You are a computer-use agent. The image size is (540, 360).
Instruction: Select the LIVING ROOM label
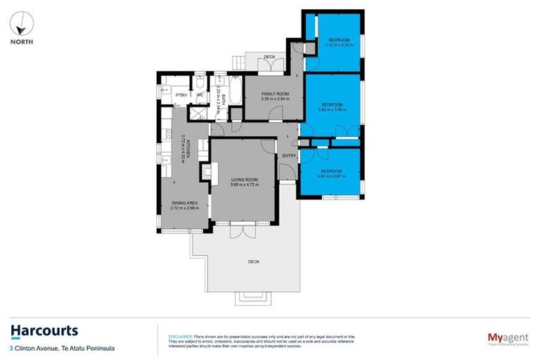[244, 180]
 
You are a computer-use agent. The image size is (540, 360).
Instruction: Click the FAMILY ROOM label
[275, 94]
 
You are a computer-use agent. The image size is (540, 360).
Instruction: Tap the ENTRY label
[289, 155]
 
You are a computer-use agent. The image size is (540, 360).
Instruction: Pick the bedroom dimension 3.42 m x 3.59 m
[331, 109]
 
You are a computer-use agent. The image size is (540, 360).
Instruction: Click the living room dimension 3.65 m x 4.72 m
[244, 186]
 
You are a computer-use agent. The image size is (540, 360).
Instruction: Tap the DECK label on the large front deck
[253, 262]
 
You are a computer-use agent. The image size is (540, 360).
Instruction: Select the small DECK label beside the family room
[269, 57]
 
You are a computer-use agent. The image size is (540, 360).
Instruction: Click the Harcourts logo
[44, 330]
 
